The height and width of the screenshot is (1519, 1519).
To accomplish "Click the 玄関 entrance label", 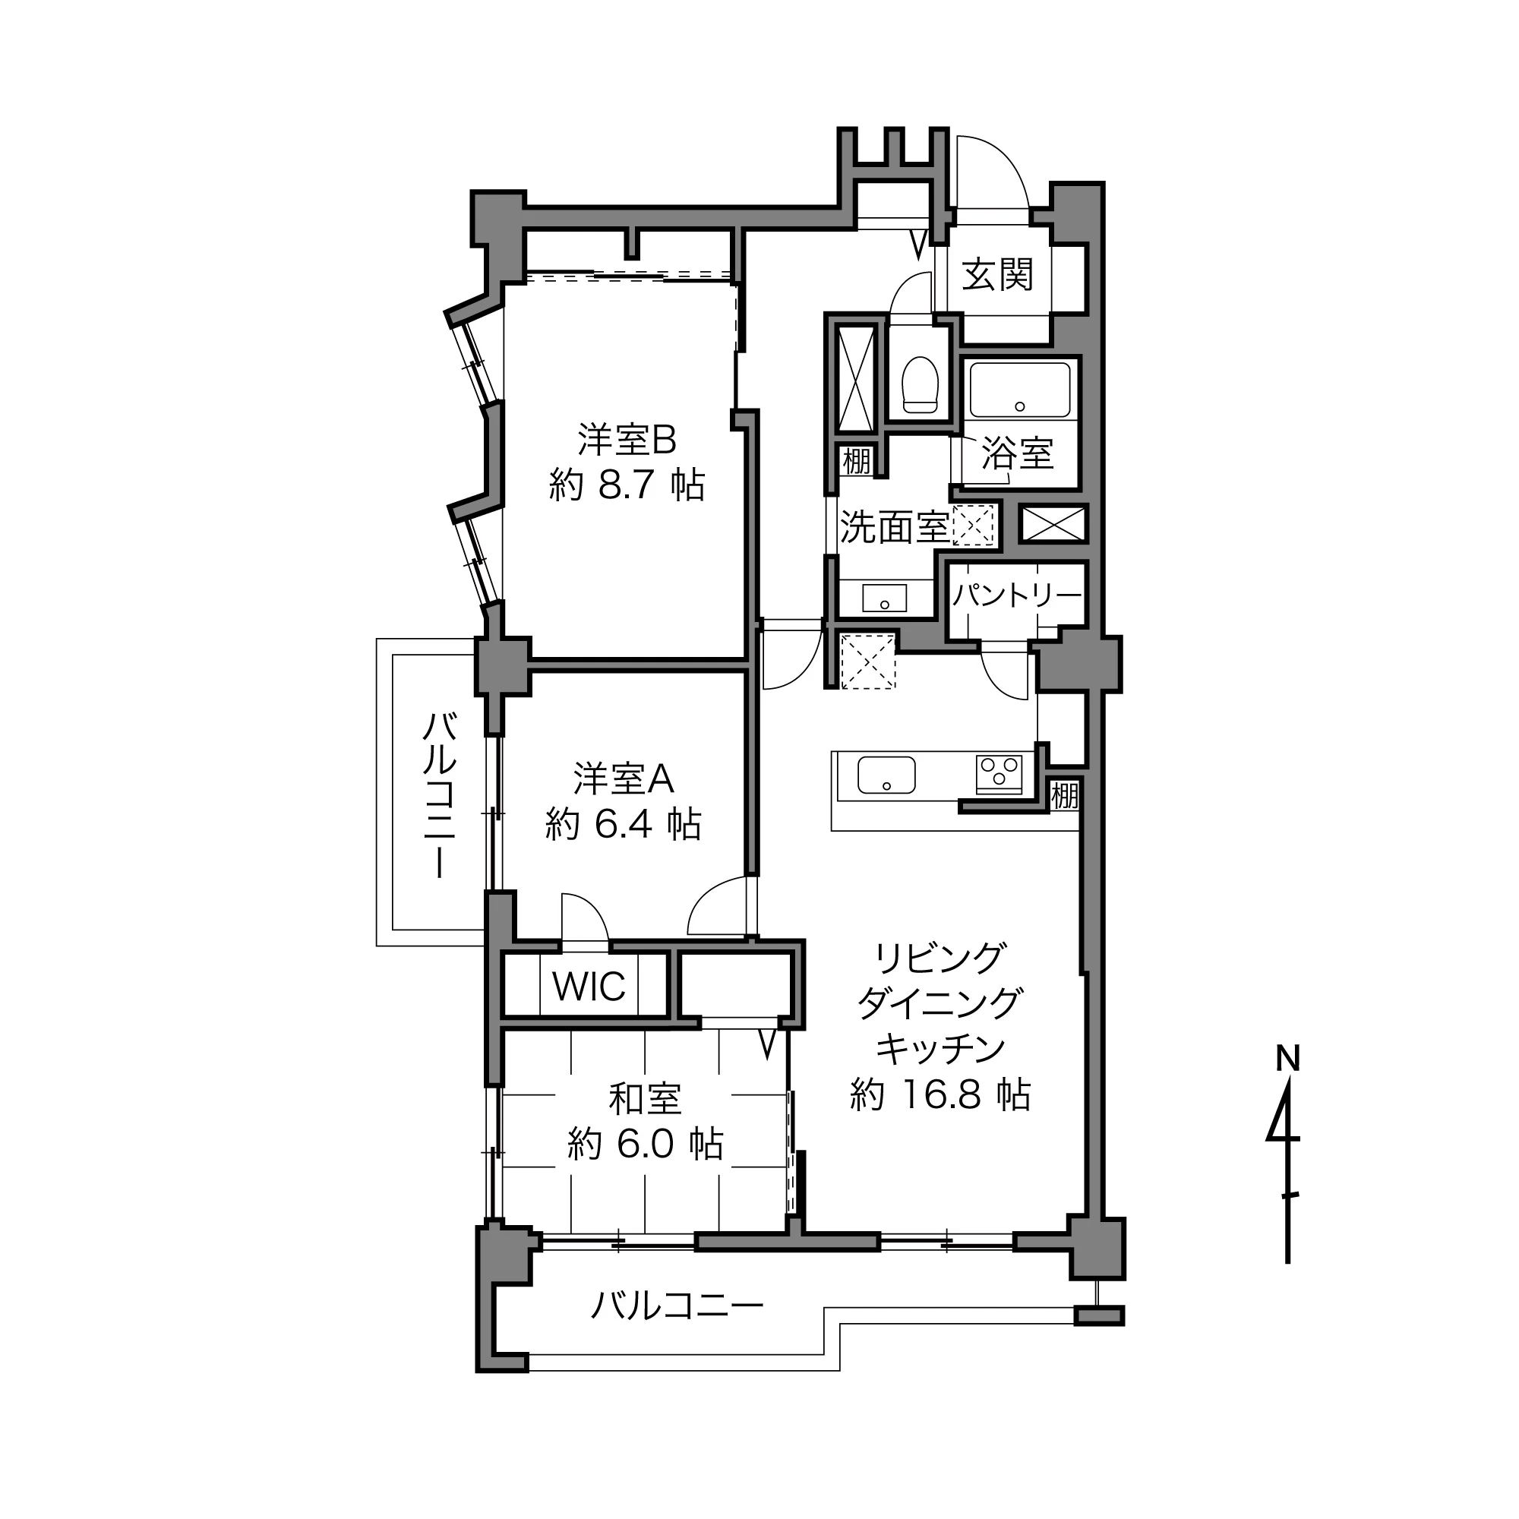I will pos(997,275).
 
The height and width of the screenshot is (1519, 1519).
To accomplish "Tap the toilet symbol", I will pos(921,384).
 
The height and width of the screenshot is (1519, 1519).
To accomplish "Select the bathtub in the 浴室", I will pos(1020,390).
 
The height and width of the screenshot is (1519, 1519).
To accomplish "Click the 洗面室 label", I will pos(895,527).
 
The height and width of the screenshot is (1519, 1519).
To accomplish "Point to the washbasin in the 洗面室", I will pos(885,598).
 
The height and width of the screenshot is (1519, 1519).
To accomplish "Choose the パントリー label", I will pos(1018,595).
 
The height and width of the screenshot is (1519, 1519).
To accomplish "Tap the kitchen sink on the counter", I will pos(886,775).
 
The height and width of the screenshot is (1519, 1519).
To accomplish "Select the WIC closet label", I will pos(589,986).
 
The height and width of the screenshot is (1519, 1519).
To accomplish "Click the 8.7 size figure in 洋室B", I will pos(626,485).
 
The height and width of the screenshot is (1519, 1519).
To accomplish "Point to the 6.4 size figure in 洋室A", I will pos(621,824).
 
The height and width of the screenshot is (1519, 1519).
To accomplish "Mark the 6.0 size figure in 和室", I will pos(645,1144).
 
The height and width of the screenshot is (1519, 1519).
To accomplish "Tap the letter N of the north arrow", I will pos(1288,1058).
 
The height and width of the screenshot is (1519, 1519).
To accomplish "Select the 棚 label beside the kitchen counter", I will pos(1065,796).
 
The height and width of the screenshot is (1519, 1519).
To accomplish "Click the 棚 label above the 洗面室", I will pos(857,461).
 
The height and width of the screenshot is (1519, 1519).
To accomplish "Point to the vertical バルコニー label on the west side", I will pos(440,794).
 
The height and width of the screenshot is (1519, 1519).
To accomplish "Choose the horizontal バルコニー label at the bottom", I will pos(676,1306).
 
